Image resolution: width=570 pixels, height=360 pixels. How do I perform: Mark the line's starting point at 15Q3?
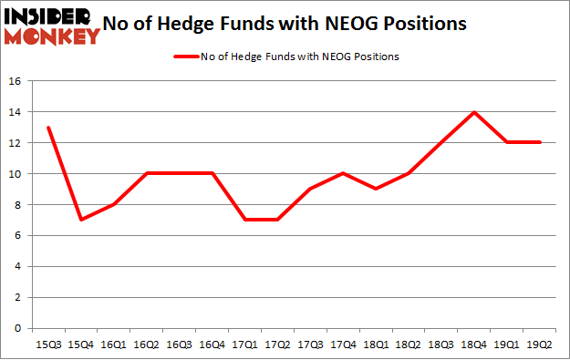click(47, 128)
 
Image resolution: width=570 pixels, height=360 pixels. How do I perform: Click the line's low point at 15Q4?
click(80, 220)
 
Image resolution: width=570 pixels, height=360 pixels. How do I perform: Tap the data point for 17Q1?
click(244, 220)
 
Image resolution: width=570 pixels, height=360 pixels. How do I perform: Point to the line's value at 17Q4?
click(343, 173)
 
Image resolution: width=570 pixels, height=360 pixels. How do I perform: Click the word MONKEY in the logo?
click(53, 36)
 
